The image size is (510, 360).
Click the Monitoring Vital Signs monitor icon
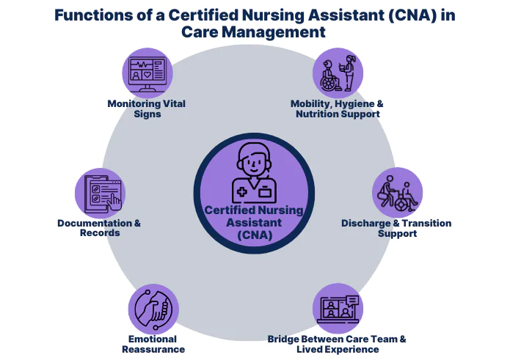(x=147, y=73)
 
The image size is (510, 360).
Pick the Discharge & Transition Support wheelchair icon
(x=397, y=193)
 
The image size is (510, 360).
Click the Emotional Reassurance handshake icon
(x=153, y=309)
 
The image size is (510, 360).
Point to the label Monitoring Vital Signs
(x=147, y=109)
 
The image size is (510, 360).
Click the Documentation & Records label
(x=99, y=228)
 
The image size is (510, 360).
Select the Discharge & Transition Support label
(x=397, y=228)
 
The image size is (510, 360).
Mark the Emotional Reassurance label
(x=153, y=344)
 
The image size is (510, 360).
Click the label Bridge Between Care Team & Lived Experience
(x=337, y=344)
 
